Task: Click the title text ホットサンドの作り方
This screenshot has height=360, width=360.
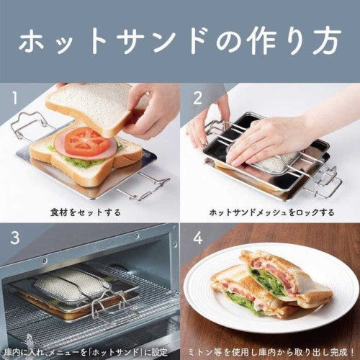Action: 179,41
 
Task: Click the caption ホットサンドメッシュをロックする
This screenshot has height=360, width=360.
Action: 271,213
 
